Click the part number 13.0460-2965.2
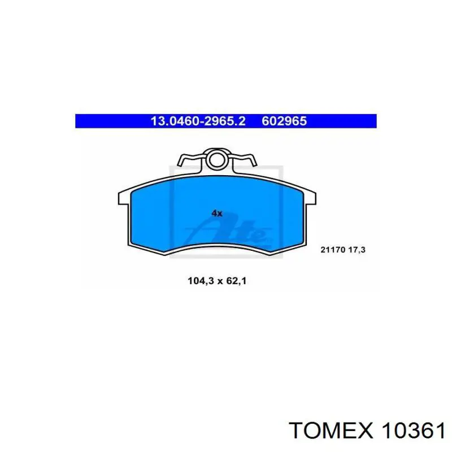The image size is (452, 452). [x=198, y=121]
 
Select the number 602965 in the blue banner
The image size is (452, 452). [x=284, y=121]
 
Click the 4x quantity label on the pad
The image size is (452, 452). [x=217, y=214]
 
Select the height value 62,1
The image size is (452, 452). [x=236, y=279]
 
